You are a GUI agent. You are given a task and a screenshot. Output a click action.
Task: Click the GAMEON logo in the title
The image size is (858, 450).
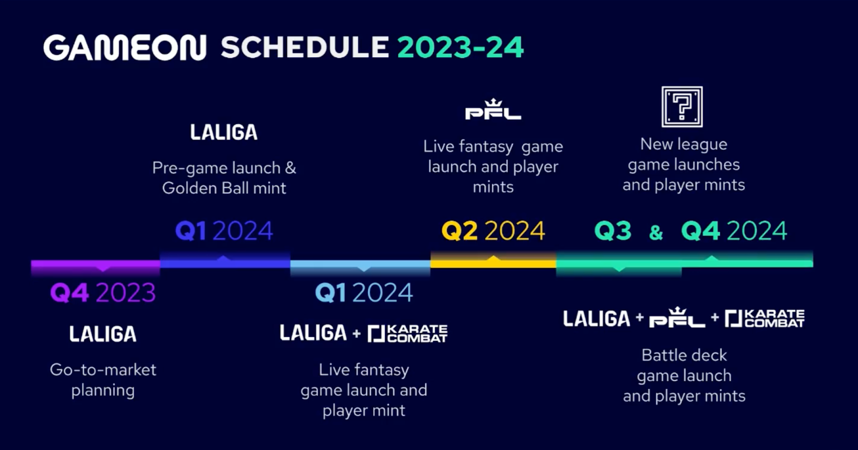[125, 48]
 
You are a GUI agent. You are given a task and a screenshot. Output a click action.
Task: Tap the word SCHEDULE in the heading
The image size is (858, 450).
[305, 48]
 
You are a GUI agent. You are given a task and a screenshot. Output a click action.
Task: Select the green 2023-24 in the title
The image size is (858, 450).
[460, 48]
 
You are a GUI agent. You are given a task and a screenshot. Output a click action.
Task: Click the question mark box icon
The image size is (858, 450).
[682, 107]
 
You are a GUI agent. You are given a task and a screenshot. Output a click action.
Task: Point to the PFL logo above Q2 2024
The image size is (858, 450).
[493, 109]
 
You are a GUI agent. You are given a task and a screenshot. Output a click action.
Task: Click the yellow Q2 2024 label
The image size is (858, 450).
[493, 231]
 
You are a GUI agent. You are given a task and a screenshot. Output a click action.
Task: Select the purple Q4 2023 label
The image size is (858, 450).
[102, 293]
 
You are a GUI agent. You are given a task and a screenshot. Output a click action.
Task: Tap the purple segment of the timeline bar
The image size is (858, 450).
[96, 264]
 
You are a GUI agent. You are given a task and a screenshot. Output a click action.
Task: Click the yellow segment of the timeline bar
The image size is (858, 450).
[493, 263]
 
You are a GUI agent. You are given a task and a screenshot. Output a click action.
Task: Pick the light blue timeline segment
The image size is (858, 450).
[360, 264]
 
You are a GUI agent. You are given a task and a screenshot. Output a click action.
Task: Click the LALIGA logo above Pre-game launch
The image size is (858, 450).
[224, 132]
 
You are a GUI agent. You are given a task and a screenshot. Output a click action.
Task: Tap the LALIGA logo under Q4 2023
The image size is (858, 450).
[102, 334]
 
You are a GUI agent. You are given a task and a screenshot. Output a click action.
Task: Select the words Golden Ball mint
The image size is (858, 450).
[224, 188]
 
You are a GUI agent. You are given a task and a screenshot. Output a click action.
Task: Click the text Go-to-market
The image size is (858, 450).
[103, 370]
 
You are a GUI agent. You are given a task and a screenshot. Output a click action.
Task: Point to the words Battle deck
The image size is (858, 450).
[684, 356]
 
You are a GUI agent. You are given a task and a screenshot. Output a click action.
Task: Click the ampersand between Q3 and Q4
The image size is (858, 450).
[656, 232]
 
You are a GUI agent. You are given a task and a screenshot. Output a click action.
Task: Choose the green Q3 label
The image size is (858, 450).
[613, 231]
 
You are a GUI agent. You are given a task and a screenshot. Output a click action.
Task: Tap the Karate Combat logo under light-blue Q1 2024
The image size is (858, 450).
[407, 333]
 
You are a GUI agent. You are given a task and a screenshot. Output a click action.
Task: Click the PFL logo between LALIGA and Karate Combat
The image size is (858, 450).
[677, 317]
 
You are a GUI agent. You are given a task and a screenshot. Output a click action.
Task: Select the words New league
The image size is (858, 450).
[684, 144]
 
